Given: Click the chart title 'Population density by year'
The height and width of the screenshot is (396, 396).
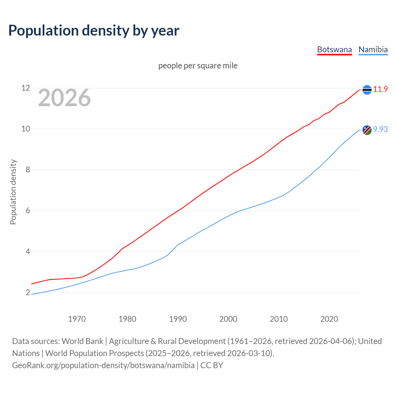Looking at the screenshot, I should [x=94, y=30].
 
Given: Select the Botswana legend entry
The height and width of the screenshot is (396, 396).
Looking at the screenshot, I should [x=334, y=49].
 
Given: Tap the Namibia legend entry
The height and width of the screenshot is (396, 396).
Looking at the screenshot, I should [x=373, y=49].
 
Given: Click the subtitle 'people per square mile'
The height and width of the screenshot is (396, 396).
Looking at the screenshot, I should [x=198, y=66].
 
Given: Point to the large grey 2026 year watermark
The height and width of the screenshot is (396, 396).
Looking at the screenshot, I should [x=64, y=98].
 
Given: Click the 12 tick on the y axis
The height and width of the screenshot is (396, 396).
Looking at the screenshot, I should [x=26, y=88].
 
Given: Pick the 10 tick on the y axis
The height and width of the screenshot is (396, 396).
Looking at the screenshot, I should [x=26, y=129].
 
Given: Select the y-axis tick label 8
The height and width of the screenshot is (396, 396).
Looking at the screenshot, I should [x=28, y=170].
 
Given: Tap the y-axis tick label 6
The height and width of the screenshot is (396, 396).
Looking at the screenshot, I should [x=28, y=211].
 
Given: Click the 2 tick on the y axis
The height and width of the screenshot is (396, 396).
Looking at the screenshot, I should [x=28, y=292].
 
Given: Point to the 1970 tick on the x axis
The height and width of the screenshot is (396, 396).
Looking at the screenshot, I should [x=77, y=319].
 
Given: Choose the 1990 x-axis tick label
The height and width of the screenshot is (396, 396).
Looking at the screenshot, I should [x=178, y=319].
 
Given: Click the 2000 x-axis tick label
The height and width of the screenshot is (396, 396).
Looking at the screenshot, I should [x=228, y=319].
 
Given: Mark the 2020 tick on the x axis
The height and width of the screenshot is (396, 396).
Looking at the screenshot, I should [x=329, y=319].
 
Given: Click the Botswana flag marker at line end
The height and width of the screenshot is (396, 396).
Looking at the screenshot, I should [x=367, y=90].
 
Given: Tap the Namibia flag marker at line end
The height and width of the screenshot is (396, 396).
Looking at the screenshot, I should [x=367, y=130].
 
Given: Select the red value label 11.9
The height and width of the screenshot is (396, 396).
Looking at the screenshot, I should [x=381, y=89].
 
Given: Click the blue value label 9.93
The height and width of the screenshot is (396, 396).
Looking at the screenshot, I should [x=381, y=130].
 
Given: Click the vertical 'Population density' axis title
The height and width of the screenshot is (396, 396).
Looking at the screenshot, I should [x=13, y=192].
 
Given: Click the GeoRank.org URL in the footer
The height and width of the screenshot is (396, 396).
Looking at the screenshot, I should [x=103, y=365].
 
